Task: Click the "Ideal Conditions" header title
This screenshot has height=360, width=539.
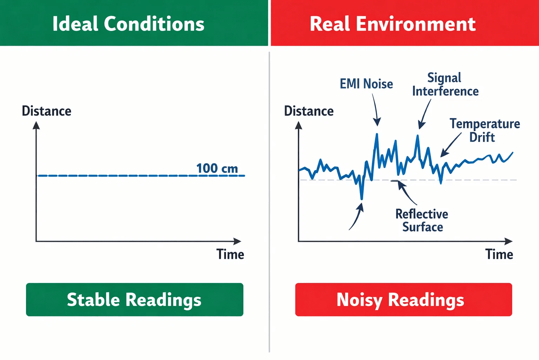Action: tap(128, 24)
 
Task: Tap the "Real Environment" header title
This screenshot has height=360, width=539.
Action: tap(393, 24)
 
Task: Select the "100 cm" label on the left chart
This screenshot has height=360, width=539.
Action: tap(217, 168)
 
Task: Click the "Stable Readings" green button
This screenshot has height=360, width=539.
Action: tap(134, 300)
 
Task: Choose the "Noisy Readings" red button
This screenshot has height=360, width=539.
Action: tap(404, 300)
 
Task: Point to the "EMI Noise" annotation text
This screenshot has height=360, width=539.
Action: tap(366, 84)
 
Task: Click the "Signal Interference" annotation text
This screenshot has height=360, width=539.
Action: tap(445, 84)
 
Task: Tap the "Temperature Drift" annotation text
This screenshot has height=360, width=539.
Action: tap(485, 130)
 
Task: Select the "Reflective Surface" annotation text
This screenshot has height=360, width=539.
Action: tap(422, 220)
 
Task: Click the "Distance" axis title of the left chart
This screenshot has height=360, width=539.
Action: tap(46, 111)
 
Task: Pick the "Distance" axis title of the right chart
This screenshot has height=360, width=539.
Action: tap(309, 111)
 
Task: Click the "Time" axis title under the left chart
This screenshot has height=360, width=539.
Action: tap(230, 254)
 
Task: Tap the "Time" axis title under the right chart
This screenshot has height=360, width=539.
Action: tap(499, 254)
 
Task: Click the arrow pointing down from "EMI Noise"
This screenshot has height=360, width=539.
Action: tap(376, 110)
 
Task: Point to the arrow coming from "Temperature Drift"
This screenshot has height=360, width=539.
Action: tap(451, 145)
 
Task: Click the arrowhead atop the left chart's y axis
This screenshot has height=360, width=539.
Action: tap(36, 125)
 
